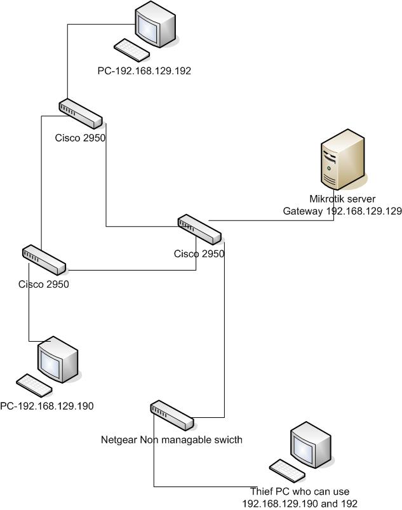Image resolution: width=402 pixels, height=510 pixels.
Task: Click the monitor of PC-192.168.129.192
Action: [156, 23]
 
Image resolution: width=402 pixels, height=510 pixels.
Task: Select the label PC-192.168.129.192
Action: [144, 72]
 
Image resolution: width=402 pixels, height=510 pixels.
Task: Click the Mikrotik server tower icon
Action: [342, 159]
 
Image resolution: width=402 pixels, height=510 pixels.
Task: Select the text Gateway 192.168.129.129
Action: [342, 211]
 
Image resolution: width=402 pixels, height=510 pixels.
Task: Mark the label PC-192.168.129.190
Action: [47, 406]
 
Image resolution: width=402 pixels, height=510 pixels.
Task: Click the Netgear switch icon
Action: [171, 415]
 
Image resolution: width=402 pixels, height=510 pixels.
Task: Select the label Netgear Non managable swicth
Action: [171, 440]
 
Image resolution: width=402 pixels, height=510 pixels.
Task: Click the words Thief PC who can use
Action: [300, 492]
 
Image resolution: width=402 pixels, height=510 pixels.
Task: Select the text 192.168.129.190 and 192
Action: [300, 503]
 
